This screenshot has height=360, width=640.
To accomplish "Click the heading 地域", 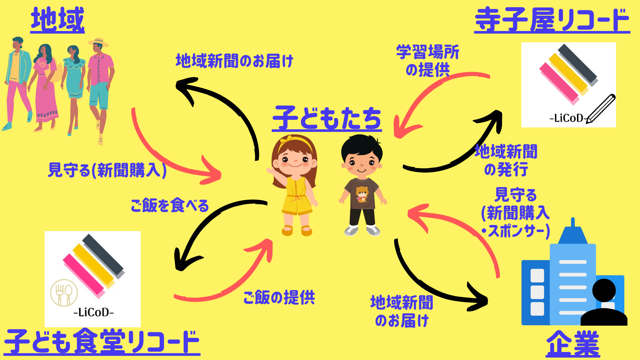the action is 58,20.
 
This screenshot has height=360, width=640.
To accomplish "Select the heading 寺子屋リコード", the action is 552,20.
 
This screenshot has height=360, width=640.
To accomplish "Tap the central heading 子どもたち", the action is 327,118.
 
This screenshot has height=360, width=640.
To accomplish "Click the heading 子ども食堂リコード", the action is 102,342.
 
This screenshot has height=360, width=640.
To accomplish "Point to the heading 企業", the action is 573,344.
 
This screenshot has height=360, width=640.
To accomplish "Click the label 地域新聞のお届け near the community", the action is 234,61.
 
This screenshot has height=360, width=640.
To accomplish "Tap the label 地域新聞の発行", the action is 506,160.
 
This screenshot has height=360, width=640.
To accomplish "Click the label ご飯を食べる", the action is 170,205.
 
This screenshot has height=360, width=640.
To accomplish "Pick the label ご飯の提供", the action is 279,297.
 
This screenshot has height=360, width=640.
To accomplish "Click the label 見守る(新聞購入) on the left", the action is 107,170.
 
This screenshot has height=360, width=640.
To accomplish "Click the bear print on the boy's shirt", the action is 362,194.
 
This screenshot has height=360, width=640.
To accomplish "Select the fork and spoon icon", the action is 64,293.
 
